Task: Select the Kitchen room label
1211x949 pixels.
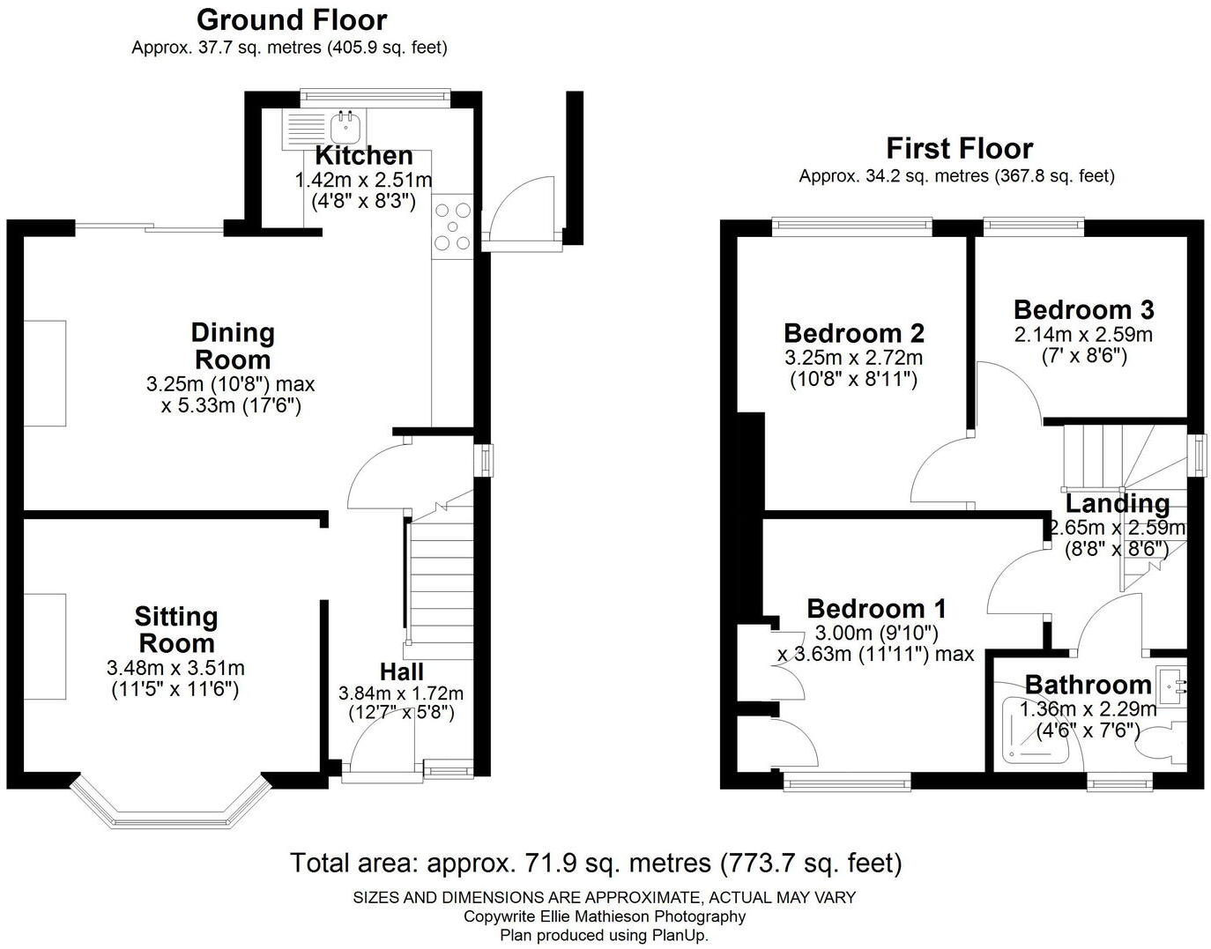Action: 364,156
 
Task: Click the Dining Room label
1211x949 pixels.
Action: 233,346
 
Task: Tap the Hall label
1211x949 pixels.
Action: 401,671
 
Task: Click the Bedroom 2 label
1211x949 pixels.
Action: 853,334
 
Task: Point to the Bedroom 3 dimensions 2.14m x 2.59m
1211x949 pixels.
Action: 1083,335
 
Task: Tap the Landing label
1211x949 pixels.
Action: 1118,503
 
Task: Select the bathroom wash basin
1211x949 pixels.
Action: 1170,683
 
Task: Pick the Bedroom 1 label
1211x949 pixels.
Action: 876,609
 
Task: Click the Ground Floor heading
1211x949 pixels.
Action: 291,19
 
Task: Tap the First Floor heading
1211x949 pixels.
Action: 959,147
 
